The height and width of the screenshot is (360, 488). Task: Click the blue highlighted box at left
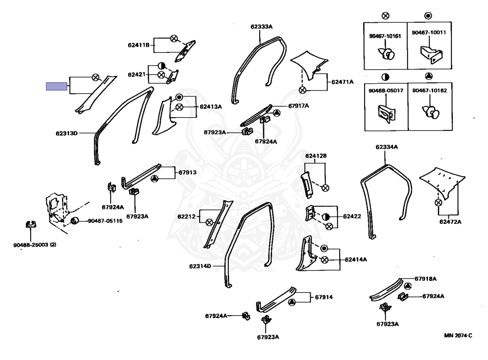(x=56, y=87)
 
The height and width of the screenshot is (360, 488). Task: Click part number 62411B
(x=139, y=45)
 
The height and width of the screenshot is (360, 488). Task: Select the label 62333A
(x=261, y=27)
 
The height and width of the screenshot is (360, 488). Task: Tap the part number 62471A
(x=343, y=82)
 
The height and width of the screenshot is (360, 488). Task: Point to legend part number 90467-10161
(x=385, y=35)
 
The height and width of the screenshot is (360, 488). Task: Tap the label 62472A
(x=450, y=221)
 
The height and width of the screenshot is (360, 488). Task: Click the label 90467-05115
(x=105, y=221)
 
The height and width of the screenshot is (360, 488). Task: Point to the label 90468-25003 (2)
(x=35, y=245)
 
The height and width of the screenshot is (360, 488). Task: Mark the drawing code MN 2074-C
(x=458, y=335)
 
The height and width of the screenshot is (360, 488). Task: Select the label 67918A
(x=426, y=278)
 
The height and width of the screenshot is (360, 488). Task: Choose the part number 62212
(x=186, y=217)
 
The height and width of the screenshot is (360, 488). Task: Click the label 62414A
(x=356, y=260)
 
